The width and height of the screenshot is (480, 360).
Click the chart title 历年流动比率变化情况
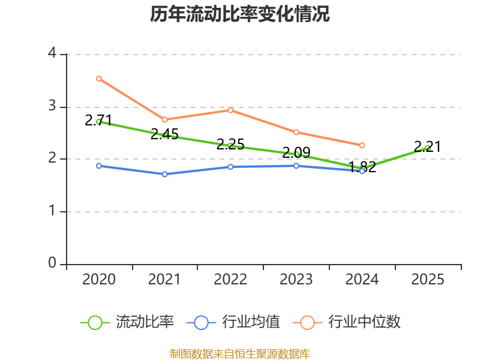tap(240, 14)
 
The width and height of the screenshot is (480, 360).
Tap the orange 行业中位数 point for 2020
tap(99, 79)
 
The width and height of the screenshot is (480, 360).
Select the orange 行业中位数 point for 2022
tap(230, 110)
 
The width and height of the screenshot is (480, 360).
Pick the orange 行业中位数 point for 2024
tap(362, 145)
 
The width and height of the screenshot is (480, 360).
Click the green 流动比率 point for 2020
tap(99, 121)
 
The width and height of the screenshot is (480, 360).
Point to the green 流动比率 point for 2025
tap(428, 148)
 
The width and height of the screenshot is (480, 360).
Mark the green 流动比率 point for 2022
tap(230, 146)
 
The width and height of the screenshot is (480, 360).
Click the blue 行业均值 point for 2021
tap(165, 174)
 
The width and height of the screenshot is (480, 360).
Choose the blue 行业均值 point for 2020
tap(99, 166)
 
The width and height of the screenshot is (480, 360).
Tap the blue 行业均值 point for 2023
tap(296, 166)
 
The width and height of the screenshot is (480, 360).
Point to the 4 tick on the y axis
tap(52, 54)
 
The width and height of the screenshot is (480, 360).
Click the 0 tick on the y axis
tap(52, 264)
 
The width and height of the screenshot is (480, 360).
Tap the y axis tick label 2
tap(52, 159)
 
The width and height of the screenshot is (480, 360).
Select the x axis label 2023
tap(296, 280)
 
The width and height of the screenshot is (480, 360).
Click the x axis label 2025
tap(428, 280)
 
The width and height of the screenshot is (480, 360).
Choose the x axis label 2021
tap(165, 280)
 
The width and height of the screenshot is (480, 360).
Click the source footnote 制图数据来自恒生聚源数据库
tap(240, 353)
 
